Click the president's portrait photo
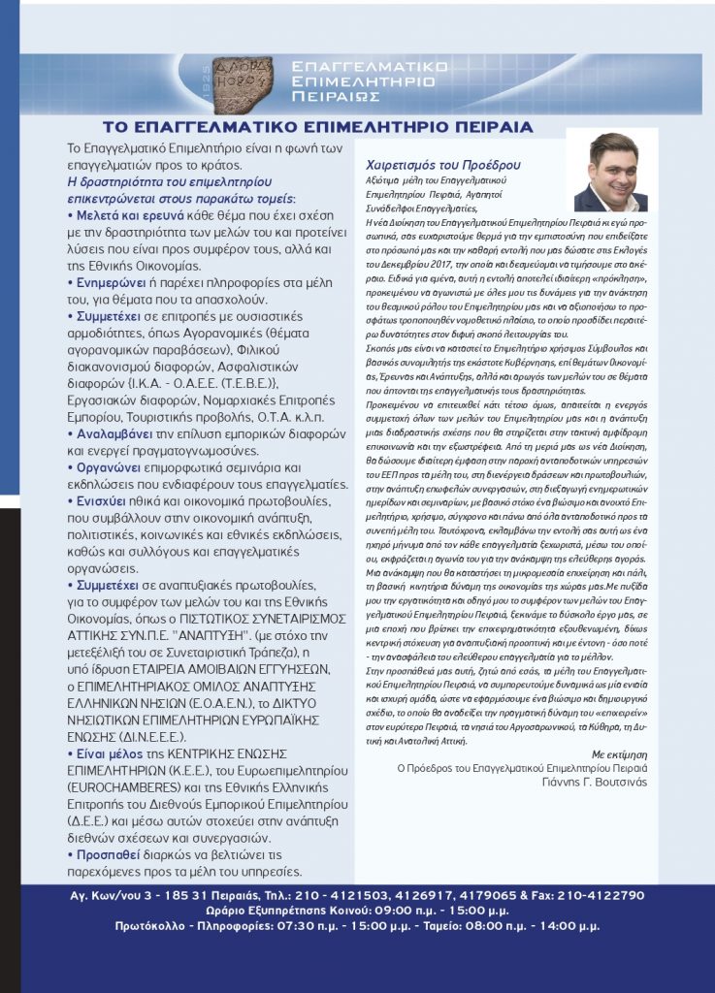[610, 172]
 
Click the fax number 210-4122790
[617, 896]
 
